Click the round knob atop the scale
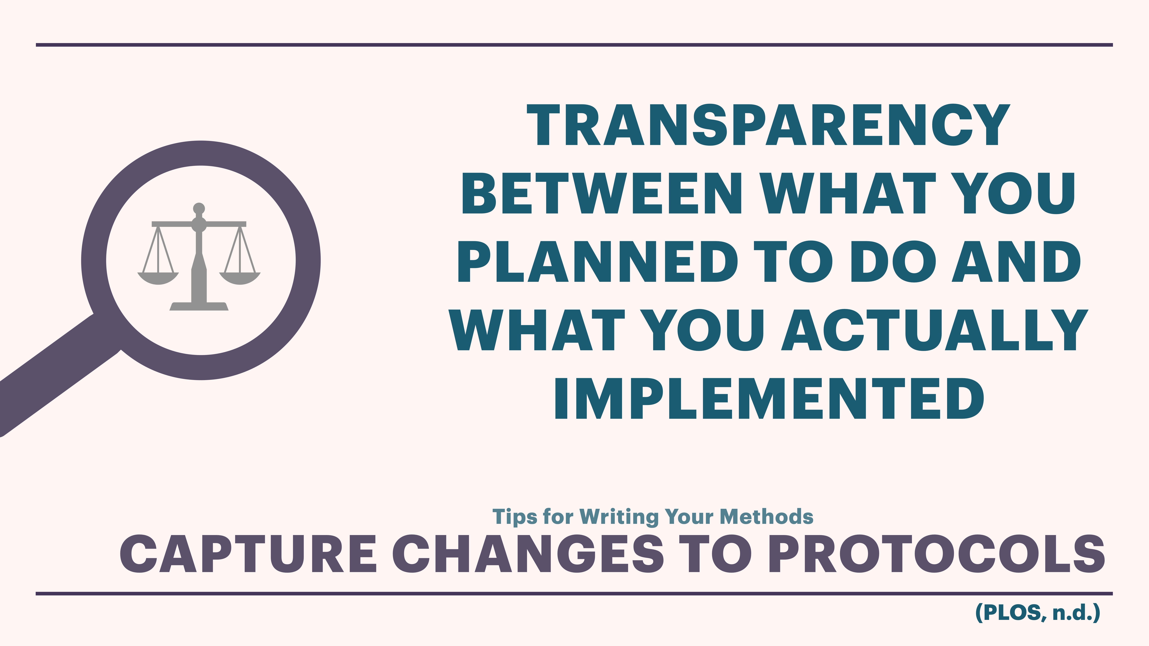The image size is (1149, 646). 199,208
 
